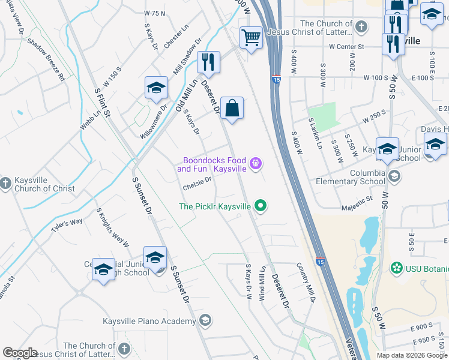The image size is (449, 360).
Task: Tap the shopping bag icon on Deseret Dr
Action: pos(232,109)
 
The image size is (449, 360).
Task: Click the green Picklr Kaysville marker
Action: pos(260,206)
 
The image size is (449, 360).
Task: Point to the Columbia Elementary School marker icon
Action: pos(394,176)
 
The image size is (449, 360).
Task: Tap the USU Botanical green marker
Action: pos(396,267)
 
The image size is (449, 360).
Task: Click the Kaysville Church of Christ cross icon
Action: pos(6,182)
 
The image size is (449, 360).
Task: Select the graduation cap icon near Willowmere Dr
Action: pos(156,88)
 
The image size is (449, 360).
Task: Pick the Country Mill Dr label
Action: pos(305,282)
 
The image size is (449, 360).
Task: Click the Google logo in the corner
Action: pos(20,353)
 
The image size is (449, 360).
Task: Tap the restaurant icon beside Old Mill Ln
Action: pos(208,61)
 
